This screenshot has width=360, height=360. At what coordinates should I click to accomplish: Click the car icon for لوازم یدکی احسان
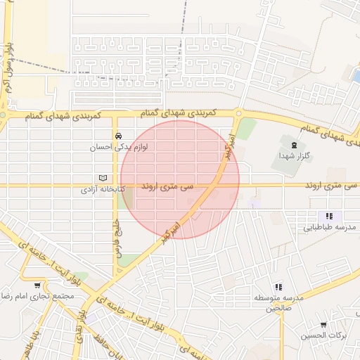pos(118,136)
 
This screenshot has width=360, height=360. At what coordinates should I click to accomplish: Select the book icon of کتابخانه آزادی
pos(104,178)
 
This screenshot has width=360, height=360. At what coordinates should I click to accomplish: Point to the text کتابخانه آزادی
pos(102,190)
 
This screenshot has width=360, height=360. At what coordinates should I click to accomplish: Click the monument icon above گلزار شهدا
pos(293,143)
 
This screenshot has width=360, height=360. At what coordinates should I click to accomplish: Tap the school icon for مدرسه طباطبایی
pos(329,216)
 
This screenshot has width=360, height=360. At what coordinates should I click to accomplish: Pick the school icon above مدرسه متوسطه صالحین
pos(279,286)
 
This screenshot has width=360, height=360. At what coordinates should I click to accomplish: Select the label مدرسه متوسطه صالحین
pos(279,303)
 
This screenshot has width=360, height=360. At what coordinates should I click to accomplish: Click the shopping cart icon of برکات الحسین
pos(323,325)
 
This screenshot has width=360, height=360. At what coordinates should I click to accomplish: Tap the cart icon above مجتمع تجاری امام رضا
pos(37,284)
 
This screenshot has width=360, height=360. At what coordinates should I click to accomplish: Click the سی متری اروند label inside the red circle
pos(167,188)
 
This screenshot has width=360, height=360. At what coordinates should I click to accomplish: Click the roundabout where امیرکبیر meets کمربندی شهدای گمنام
pos(239,113)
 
